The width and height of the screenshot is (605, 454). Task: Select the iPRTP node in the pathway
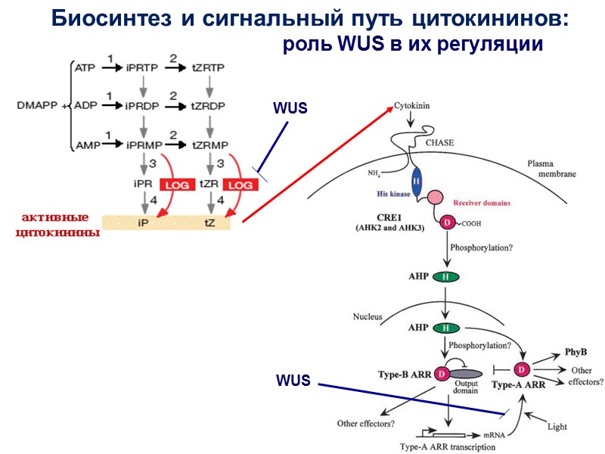click(x=143, y=68)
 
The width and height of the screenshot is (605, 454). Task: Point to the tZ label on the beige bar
click(x=210, y=223)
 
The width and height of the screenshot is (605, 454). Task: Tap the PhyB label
click(x=576, y=353)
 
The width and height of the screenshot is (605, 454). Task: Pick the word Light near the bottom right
click(x=557, y=427)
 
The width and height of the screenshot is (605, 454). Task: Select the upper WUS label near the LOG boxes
click(x=290, y=108)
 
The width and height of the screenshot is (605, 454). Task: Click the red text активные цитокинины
click(x=57, y=224)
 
